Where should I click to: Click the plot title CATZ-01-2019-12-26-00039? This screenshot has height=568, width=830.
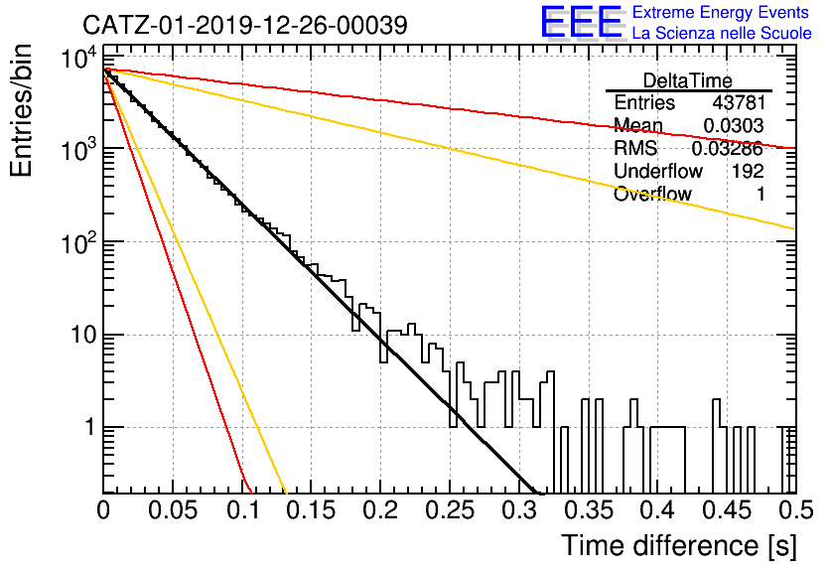tap(245, 25)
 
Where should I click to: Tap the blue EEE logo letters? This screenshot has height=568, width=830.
tap(582, 22)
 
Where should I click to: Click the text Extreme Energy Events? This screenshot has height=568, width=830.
tap(721, 12)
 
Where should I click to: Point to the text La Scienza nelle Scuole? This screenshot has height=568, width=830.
tap(722, 34)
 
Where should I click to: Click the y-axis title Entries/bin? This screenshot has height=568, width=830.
tap(21, 111)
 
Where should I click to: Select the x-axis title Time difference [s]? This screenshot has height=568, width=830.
tap(679, 546)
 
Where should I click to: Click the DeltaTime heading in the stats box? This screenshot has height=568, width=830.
tap(688, 80)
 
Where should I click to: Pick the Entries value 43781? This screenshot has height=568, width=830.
tap(739, 102)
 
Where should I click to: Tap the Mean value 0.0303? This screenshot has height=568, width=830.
tap(734, 125)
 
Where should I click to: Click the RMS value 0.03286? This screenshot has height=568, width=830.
tap(728, 148)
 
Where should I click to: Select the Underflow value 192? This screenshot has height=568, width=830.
tap(748, 171)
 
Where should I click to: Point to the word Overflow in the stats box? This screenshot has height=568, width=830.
tap(652, 195)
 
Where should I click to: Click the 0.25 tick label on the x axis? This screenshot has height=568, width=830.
tap(450, 510)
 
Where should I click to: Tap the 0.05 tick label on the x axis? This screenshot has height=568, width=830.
tap(173, 510)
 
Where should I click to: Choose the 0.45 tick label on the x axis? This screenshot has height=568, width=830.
tap(728, 510)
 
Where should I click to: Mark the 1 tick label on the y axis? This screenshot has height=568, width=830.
tap(91, 427)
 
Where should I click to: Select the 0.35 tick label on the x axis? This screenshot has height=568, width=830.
tap(589, 510)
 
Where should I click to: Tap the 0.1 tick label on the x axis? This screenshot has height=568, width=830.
tap(244, 510)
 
